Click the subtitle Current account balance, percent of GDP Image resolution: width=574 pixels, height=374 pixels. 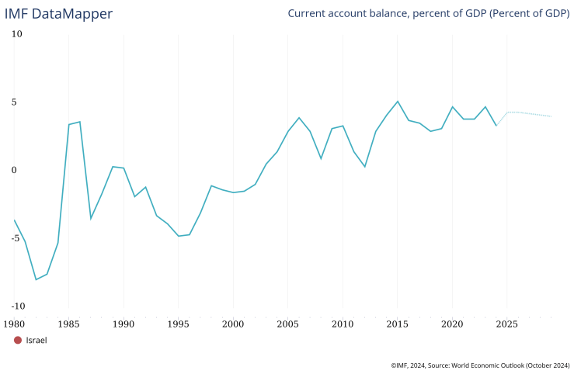[x=428, y=13]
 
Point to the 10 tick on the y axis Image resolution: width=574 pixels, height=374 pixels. [x=17, y=34]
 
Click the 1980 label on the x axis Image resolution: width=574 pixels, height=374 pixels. [x=14, y=323]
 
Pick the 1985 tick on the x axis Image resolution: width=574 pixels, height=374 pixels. [x=68, y=323]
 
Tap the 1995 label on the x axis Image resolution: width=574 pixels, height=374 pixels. [x=179, y=323]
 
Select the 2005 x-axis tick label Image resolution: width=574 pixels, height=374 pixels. [x=288, y=323]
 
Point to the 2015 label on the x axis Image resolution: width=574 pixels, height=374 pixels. [x=398, y=323]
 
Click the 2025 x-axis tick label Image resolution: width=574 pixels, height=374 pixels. [x=507, y=323]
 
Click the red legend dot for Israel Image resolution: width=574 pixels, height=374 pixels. [x=18, y=340]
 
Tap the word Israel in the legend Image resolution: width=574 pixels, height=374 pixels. [x=37, y=340]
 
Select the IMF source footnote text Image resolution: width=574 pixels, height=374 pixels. [x=480, y=364]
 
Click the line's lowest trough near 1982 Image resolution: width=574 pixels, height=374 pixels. [x=36, y=279]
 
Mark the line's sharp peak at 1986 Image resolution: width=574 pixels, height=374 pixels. [x=79, y=122]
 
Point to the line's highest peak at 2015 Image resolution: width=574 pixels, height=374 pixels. [x=398, y=101]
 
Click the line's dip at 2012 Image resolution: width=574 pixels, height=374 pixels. [x=365, y=167]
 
